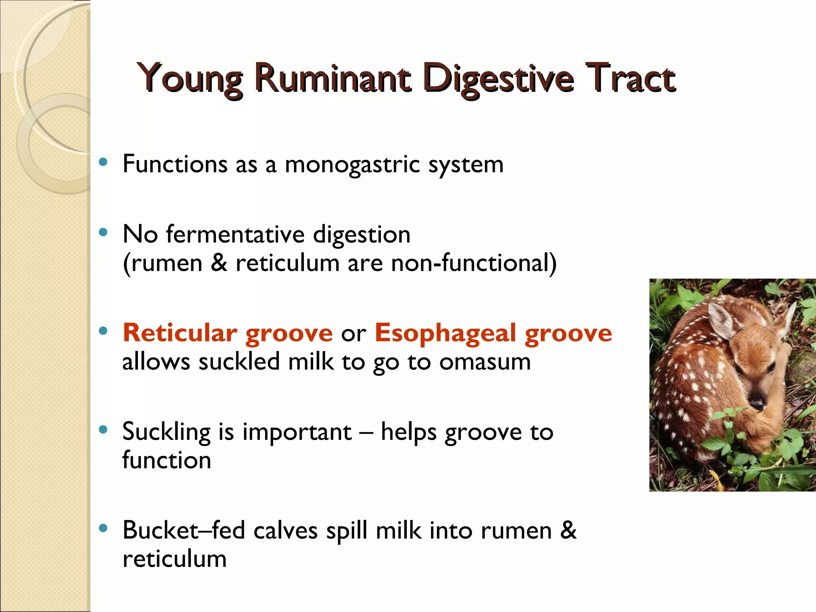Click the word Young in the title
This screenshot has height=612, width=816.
coord(190,78)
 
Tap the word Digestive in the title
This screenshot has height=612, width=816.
coord(498,78)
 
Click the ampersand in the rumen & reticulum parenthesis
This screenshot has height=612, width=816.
coord(219,263)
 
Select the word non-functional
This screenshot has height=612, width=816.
coord(473,263)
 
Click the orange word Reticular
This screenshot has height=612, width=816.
coord(180,332)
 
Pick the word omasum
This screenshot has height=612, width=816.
coord(485,362)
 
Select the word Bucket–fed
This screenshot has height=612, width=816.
coord(184,530)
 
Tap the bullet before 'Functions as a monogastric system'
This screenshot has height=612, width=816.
coord(104,162)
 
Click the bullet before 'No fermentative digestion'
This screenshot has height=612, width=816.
coord(104,232)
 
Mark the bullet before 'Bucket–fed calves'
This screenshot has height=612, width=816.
coord(104,529)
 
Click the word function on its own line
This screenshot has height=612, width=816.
coord(167,461)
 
